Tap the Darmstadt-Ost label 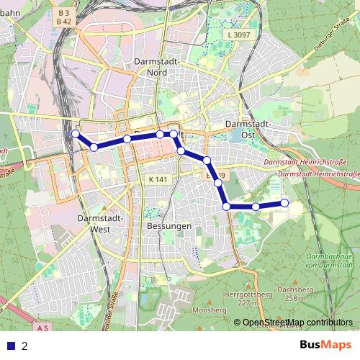click(249, 129)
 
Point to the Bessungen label click(168, 225)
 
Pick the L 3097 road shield click(238, 35)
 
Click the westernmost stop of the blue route click(75, 133)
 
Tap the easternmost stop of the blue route click(284, 203)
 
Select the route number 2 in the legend click(24, 346)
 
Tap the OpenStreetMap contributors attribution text click(297, 322)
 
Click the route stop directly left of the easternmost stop click(256, 207)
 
